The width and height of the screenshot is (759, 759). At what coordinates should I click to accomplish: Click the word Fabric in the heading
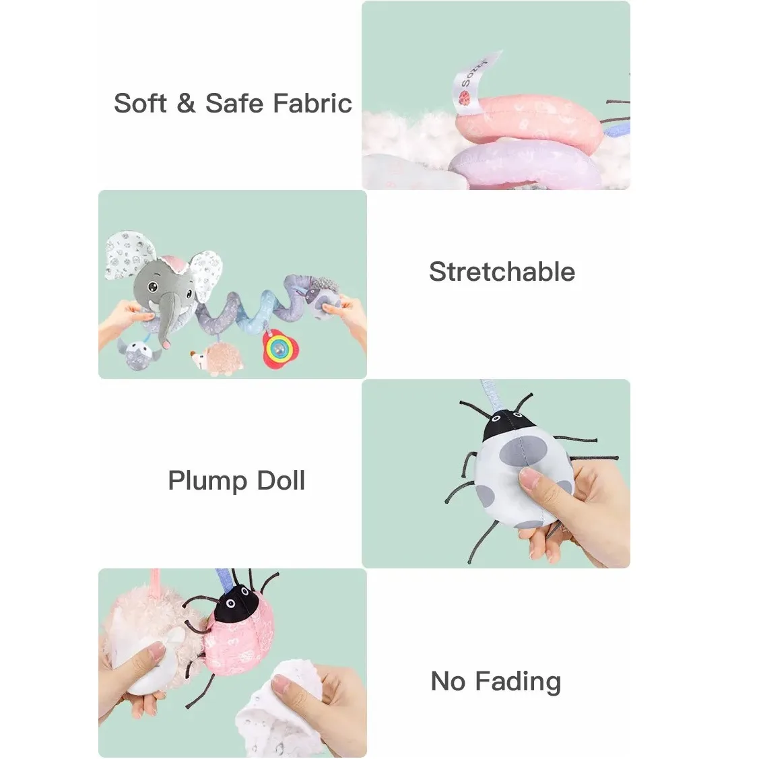(x=312, y=103)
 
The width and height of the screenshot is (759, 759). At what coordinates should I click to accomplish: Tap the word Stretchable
(x=502, y=271)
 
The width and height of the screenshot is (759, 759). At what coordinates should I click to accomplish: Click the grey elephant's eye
(x=152, y=287)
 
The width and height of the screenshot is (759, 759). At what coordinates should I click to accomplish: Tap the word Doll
(x=281, y=481)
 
